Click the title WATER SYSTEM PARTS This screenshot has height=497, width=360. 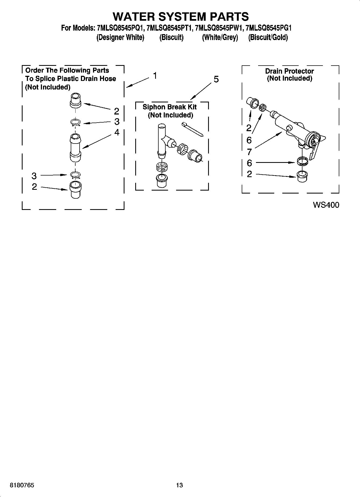pos(180,16)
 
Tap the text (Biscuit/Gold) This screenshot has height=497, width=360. pos(268,37)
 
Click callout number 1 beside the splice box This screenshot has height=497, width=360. pos(155,76)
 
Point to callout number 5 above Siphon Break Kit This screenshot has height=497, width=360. pos(216,79)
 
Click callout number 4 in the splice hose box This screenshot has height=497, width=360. pos(117,132)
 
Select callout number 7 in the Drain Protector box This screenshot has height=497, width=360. pos(249,152)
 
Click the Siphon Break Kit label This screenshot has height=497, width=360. pos(169,107)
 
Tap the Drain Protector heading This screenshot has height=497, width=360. pos(289,71)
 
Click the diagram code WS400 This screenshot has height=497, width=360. pos(326,205)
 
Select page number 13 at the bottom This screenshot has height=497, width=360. pos(179,485)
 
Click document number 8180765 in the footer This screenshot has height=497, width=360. pos(22,485)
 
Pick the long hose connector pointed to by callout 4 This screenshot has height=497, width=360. pos(75,148)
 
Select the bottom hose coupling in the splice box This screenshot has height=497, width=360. pos(75,190)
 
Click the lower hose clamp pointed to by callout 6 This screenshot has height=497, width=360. pos(302,162)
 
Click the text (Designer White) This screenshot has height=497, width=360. pos(120,37)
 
